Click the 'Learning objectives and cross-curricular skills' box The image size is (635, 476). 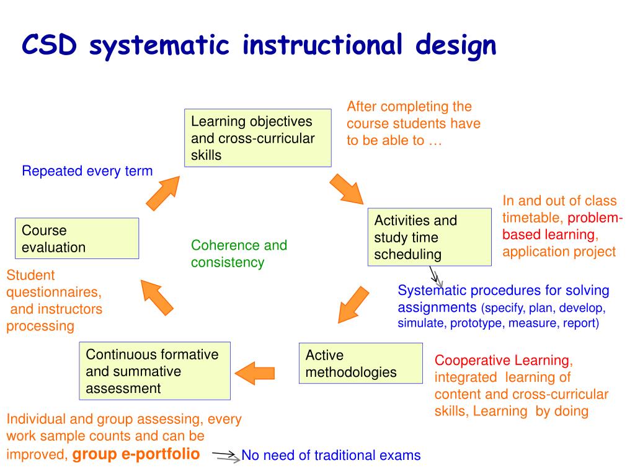(257, 138)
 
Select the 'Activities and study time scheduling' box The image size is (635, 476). (429, 237)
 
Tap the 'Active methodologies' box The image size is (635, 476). (360, 363)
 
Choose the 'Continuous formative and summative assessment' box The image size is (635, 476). (154, 371)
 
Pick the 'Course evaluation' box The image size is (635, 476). (76, 239)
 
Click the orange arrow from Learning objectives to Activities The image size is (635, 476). (346, 189)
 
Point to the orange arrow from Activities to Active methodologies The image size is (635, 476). (354, 304)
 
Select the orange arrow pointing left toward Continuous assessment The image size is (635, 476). (255, 372)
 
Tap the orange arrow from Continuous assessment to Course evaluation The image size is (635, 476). (156, 297)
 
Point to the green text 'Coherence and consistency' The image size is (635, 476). (239, 253)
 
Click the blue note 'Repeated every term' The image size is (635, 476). (87, 171)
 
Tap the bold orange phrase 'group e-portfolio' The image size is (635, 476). (136, 454)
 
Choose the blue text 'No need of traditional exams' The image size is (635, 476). (331, 456)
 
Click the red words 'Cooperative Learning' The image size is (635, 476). (502, 360)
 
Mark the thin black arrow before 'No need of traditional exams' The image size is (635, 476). (224, 457)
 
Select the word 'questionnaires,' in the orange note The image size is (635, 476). (54, 292)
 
